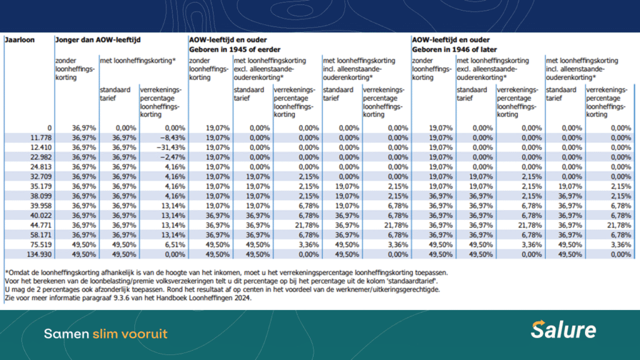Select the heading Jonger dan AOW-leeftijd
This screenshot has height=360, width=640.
click(97, 40)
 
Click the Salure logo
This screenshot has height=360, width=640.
click(563, 329)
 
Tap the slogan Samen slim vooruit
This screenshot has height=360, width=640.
click(105, 334)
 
